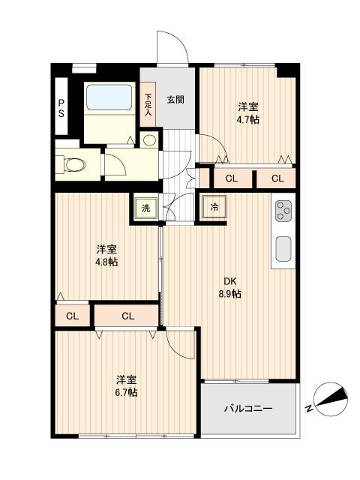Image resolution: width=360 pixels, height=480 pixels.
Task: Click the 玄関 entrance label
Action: click(x=175, y=99)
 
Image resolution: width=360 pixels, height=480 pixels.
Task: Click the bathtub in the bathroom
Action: click(x=109, y=100)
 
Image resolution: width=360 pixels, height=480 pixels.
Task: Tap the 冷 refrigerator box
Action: click(x=214, y=207)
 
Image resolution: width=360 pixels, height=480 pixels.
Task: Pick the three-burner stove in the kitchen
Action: click(x=283, y=211)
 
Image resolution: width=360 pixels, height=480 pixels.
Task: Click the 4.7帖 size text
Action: click(x=248, y=119)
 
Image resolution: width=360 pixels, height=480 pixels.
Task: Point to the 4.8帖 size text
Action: click(x=106, y=262)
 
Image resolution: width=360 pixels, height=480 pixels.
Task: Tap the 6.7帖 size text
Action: click(x=126, y=393)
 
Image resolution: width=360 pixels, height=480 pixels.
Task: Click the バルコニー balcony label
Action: click(x=248, y=409)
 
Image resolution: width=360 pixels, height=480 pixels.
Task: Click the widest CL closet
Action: click(x=127, y=316)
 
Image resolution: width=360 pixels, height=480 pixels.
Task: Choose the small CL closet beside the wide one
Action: click(x=72, y=316)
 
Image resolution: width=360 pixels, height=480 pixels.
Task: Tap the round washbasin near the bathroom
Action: click(x=149, y=139)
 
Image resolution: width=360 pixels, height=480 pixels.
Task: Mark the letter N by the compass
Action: click(x=310, y=409)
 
